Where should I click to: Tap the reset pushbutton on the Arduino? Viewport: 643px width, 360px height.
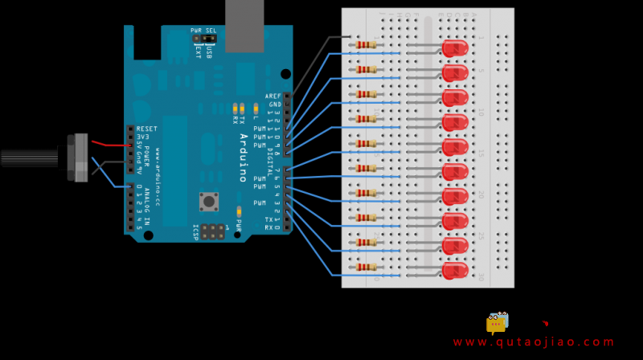pos(209,201)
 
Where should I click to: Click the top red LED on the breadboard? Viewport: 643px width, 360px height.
pos(455,48)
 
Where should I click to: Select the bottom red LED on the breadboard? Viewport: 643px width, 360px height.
pos(455,271)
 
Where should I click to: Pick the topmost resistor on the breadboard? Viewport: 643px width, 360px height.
pos(366,45)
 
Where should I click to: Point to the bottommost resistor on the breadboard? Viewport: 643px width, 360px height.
pos(366,267)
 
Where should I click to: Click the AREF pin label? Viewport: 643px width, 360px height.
pos(273,96)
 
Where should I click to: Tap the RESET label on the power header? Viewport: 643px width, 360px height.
pos(147,129)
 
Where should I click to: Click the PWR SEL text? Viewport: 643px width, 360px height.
pos(203,31)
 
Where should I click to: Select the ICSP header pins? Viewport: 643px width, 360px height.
pos(212,231)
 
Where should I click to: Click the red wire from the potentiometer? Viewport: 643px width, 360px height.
pos(109,145)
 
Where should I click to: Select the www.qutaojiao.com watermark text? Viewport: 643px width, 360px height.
pos(534,342)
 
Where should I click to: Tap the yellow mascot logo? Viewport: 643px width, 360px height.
pos(498,322)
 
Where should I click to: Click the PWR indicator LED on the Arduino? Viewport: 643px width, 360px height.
pos(239,211)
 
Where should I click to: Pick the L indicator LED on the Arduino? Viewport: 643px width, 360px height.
pos(256,107)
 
